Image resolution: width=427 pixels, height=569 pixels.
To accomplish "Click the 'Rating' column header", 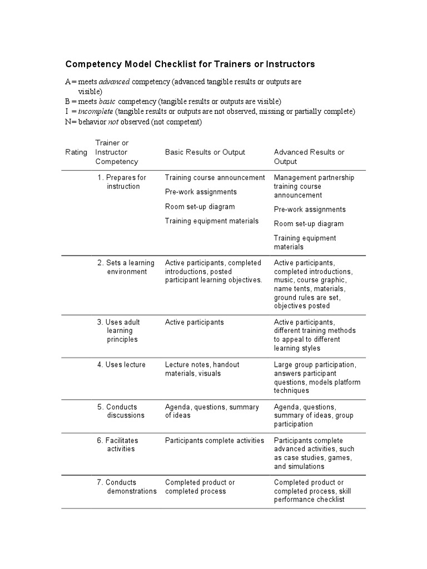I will click(x=76, y=152).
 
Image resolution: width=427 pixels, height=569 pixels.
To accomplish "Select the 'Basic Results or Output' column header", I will click(x=205, y=152).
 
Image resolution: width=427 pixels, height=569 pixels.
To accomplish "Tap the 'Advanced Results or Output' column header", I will click(x=309, y=157).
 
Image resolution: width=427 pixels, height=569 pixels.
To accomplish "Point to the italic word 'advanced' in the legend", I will click(x=114, y=82).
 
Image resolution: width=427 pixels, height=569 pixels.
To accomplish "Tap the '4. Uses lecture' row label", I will click(x=122, y=365).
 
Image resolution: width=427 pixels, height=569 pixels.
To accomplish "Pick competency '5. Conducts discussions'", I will click(x=121, y=411).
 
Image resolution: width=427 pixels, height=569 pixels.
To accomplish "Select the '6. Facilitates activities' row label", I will click(x=118, y=445).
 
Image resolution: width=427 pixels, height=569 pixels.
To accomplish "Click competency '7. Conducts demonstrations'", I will click(x=127, y=487).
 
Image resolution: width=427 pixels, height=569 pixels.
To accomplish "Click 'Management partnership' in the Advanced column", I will click(x=314, y=178).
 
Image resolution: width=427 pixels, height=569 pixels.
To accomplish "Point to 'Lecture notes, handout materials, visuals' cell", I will click(x=202, y=369).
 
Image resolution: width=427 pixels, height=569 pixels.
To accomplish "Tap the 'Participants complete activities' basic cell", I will click(x=214, y=441).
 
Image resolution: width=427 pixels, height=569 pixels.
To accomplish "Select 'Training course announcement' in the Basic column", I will click(x=215, y=178).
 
